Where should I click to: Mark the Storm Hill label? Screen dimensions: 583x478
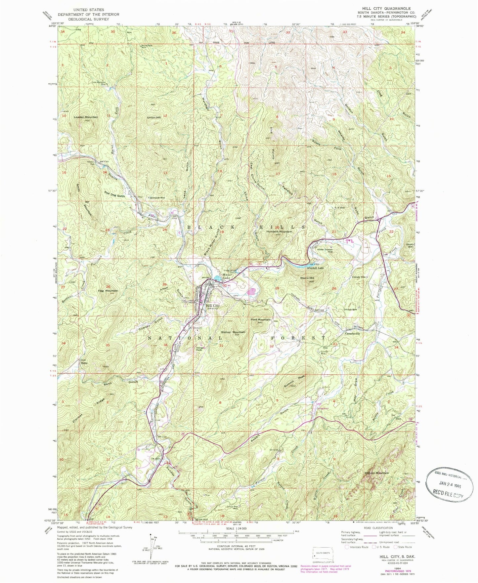coord(307,278)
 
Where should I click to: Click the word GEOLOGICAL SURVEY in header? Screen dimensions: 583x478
coord(89,19)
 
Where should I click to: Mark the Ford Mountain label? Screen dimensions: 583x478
coord(260,320)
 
